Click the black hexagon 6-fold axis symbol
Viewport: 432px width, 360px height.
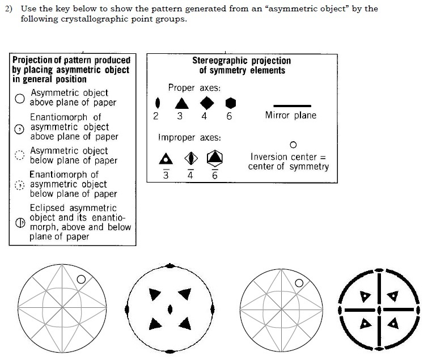point(231,103)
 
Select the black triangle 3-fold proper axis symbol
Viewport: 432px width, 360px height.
point(182,104)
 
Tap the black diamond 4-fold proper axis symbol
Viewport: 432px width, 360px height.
point(207,103)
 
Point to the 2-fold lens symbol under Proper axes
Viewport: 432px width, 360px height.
point(157,103)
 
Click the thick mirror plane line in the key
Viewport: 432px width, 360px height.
point(292,106)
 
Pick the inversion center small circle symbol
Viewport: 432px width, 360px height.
point(293,145)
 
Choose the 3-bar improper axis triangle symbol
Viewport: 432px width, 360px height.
point(166,159)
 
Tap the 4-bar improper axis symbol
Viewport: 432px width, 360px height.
point(191,158)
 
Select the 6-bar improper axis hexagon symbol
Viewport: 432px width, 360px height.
point(215,158)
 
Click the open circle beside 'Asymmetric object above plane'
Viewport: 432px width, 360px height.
point(20,98)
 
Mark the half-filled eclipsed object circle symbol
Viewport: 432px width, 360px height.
point(20,223)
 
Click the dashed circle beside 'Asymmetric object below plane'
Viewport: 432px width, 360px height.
point(20,155)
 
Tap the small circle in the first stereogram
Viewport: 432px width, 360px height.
point(81,279)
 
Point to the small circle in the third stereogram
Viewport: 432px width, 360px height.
point(299,283)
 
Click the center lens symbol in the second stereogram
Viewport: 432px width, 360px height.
point(170,310)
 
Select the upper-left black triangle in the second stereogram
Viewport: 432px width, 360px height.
point(154,294)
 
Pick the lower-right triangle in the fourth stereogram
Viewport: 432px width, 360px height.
point(393,323)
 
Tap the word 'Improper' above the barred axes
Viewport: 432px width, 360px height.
point(177,137)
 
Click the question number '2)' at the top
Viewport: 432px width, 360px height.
point(9,9)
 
